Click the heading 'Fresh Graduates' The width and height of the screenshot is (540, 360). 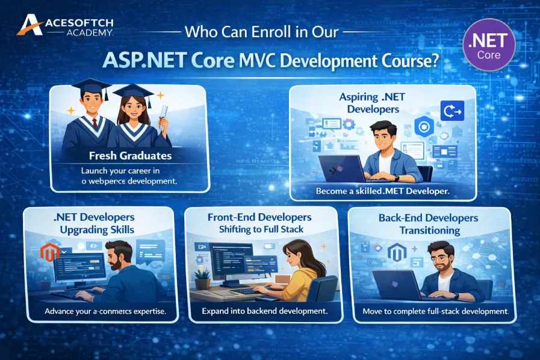tap(130, 155)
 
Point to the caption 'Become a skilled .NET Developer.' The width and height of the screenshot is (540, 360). tap(382, 191)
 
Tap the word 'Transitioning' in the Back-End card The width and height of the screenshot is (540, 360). tap(429, 231)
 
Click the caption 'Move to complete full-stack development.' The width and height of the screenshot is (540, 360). tap(435, 312)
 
